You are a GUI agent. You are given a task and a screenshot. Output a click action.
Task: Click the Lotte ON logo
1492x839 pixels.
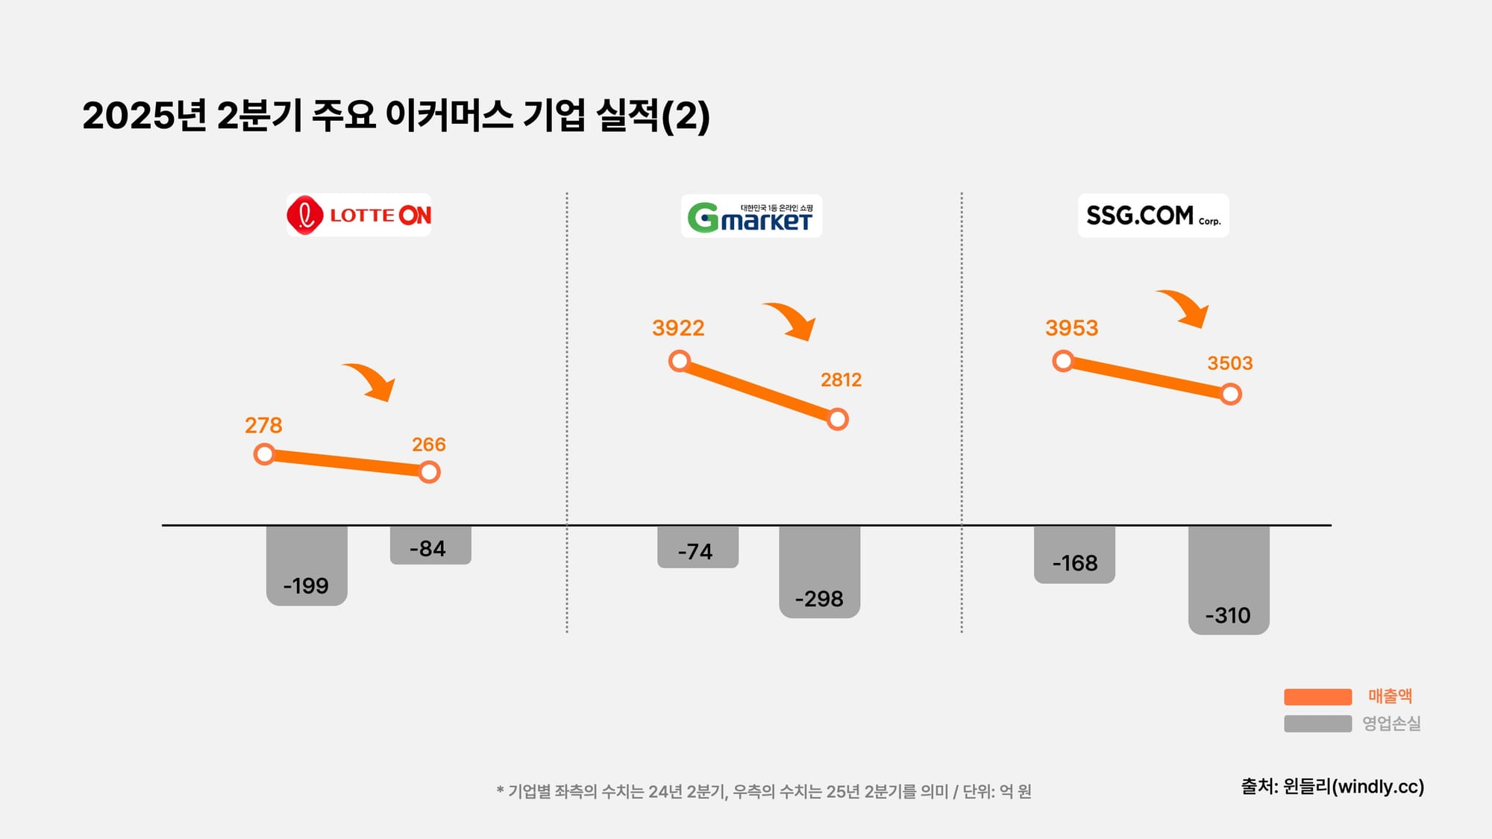point(359,216)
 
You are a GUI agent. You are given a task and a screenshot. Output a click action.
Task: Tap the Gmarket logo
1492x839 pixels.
point(750,216)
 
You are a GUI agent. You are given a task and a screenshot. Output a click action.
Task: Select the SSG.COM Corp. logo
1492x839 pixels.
point(1153,216)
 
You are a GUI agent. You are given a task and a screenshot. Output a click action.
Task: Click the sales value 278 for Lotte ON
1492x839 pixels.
point(263,425)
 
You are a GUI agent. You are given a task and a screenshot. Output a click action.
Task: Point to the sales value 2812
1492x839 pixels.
point(841,380)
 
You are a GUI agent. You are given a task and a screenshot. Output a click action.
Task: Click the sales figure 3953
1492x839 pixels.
point(1071,328)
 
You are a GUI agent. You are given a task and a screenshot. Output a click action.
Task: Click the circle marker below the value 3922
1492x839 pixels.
point(680,362)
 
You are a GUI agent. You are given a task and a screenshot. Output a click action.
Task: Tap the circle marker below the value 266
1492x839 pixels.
point(429,472)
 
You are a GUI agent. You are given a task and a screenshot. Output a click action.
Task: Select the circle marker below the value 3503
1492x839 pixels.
point(1231,394)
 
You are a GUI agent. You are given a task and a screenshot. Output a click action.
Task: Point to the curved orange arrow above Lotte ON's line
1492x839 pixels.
point(372,381)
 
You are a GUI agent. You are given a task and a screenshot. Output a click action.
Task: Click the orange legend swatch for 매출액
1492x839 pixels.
point(1317,697)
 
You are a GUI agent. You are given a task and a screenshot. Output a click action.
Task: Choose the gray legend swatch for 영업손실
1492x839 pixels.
point(1317,723)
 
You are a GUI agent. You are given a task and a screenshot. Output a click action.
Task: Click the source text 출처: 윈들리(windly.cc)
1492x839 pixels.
point(1332,787)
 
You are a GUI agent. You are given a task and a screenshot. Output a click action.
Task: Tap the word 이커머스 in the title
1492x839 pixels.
point(449,116)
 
